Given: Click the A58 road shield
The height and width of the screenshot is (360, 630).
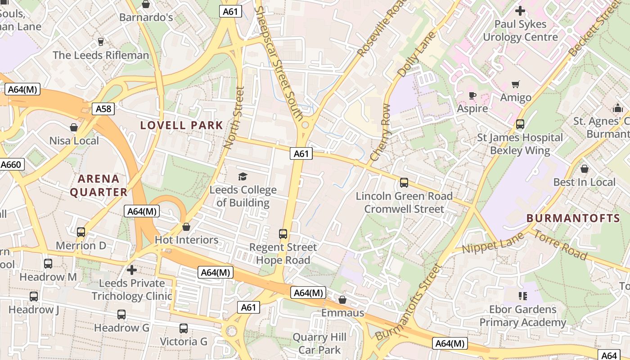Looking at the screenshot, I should [x=103, y=108].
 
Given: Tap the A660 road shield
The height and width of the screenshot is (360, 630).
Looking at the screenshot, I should [x=11, y=165].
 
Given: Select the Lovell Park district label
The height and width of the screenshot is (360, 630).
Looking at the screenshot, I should [x=182, y=125].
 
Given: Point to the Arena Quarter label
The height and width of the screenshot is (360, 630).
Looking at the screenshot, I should [x=99, y=185].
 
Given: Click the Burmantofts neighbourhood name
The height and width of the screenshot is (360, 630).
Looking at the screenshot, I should [x=573, y=218].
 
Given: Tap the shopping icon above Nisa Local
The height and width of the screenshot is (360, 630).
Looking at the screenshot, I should [x=74, y=128].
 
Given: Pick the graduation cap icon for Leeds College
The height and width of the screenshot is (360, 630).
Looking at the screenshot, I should [x=243, y=176].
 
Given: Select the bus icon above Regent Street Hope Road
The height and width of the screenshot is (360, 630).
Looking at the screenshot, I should [x=283, y=234].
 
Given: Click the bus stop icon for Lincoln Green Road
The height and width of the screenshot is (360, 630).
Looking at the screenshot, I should [x=404, y=183].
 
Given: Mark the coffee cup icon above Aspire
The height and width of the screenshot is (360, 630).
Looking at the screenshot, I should [x=472, y=95].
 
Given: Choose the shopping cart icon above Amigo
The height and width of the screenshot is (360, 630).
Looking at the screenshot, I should [x=516, y=84].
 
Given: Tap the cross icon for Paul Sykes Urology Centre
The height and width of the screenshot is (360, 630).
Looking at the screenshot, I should [x=520, y=11].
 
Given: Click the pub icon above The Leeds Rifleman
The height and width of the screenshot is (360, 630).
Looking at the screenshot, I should [x=101, y=42].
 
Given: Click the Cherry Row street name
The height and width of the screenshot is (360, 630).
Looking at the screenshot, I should [x=381, y=133].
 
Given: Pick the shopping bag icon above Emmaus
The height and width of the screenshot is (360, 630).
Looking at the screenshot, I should [x=342, y=300].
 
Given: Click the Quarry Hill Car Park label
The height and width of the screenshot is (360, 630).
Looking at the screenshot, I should [x=319, y=343].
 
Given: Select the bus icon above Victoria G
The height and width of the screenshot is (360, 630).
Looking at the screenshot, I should [x=184, y=328].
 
